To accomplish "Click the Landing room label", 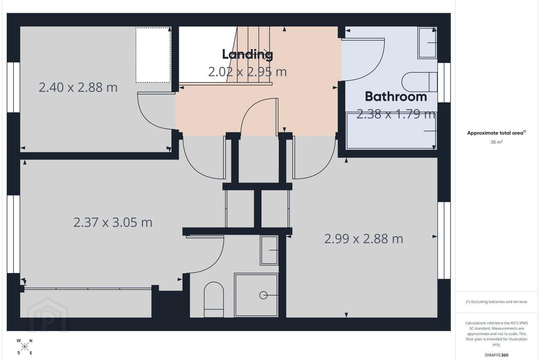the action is click(x=247, y=54).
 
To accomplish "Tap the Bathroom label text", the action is click(x=396, y=97).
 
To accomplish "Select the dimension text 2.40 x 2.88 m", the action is click(x=78, y=87).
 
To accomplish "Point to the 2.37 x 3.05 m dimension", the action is click(x=113, y=222).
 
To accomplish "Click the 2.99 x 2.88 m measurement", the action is click(x=363, y=239).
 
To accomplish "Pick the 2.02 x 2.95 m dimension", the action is click(x=247, y=72).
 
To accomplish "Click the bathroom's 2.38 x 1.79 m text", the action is click(x=396, y=114).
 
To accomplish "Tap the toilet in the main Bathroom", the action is click(x=420, y=82).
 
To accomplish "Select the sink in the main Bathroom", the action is click(x=427, y=43).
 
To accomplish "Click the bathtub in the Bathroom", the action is click(x=391, y=131).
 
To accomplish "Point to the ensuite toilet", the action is click(x=214, y=300).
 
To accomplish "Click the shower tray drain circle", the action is click(x=263, y=295).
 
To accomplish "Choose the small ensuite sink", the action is click(x=269, y=250).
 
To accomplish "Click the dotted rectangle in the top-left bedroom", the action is click(x=153, y=55).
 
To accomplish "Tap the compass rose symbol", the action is click(x=25, y=347).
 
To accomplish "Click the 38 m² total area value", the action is click(x=496, y=142).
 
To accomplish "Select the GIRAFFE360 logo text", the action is click(x=496, y=355).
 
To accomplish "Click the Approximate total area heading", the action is click(x=496, y=133).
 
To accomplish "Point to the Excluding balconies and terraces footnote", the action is click(x=496, y=301).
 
